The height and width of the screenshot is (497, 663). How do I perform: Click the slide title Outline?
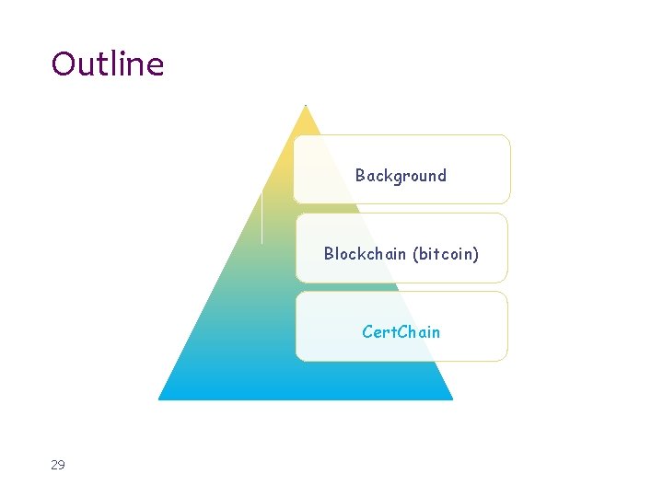coord(108,64)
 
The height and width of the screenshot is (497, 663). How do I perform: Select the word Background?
coord(401,175)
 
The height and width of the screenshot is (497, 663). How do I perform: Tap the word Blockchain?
coord(365,253)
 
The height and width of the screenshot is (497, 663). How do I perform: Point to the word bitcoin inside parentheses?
coord(446,253)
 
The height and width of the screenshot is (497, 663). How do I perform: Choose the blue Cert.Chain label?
coord(401,331)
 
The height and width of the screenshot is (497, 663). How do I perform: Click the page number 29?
coord(58,465)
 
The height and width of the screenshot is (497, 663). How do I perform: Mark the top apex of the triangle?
coord(306,105)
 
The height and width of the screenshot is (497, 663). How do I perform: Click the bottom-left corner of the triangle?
coord(159,399)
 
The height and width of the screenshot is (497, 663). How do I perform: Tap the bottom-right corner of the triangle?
coord(453,399)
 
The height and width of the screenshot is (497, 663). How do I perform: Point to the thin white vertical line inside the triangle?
coord(262,217)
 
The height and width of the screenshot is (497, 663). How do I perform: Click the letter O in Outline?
coord(64,64)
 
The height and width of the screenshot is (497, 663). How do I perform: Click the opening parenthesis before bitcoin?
coord(415,253)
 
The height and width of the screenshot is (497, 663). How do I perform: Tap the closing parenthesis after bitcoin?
coord(476,253)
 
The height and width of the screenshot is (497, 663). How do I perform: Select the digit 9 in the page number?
coord(62,465)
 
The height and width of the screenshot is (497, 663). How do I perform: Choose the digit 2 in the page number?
coord(54,465)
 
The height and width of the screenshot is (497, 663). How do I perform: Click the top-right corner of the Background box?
coord(508,137)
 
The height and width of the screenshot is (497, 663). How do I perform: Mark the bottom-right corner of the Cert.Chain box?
coord(506,359)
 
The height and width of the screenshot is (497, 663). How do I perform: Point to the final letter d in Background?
coord(441,175)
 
